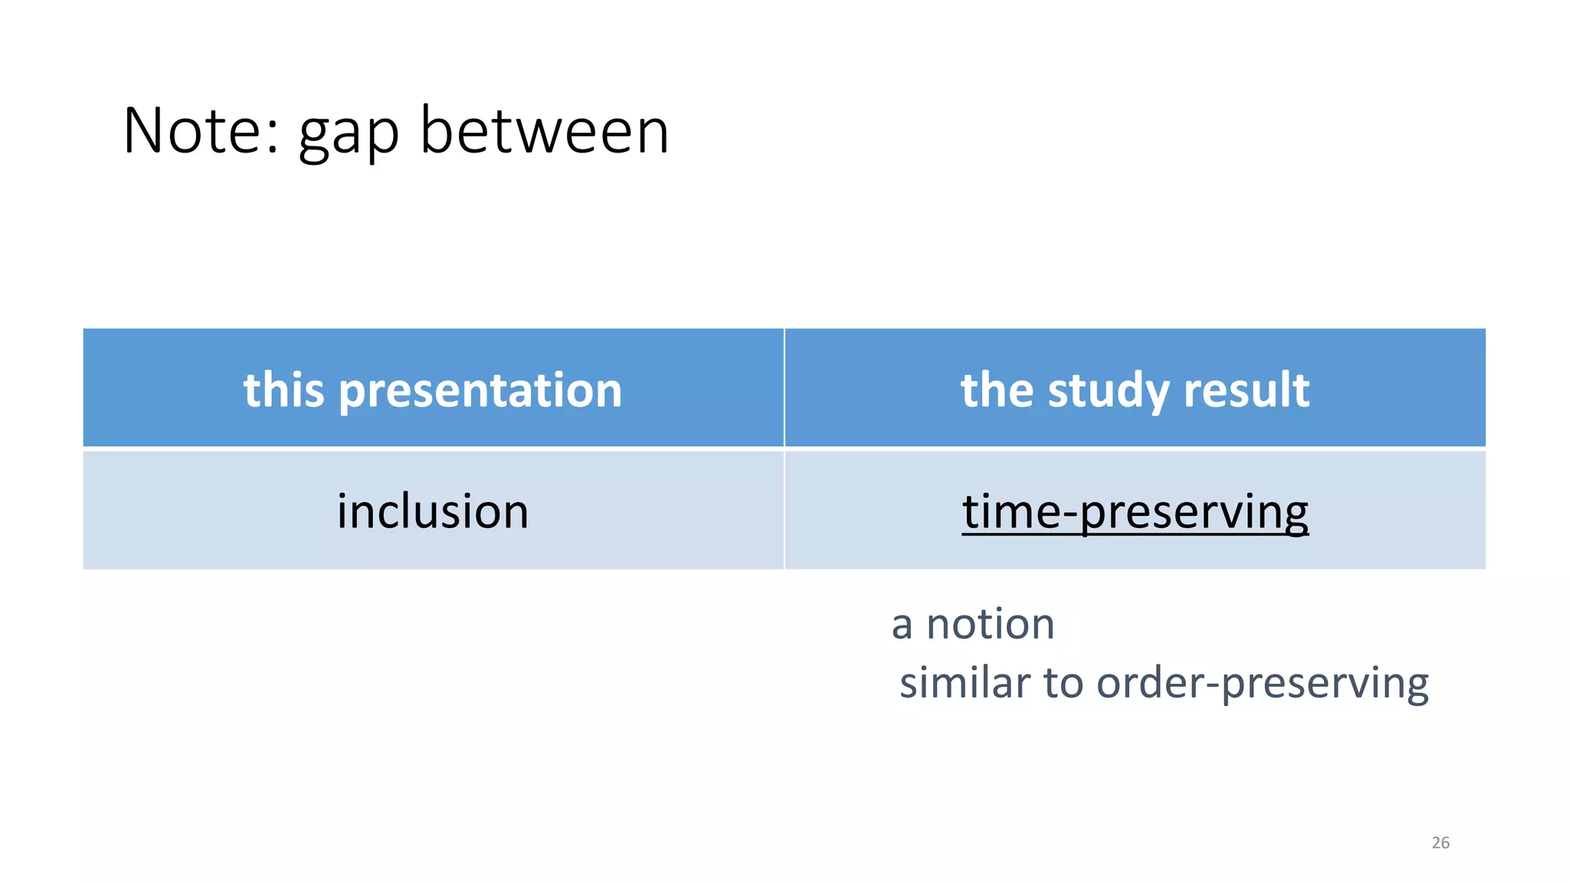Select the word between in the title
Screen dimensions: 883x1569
point(545,131)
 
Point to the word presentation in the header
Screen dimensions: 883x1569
point(480,392)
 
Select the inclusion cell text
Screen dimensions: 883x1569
point(433,511)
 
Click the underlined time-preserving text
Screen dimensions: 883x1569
point(1135,512)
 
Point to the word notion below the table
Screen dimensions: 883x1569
point(991,624)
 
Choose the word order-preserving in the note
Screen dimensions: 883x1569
point(1263,683)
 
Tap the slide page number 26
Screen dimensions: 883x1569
point(1440,843)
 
